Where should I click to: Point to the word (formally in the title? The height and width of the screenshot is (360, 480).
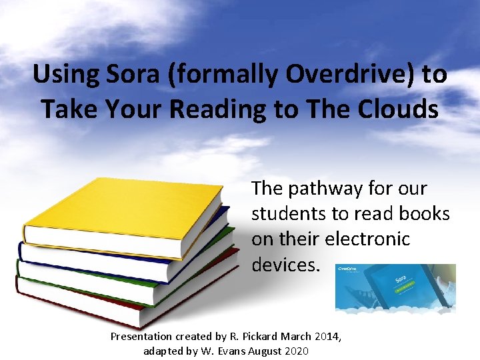click(x=225, y=75)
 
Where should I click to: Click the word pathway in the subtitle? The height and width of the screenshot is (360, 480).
click(x=326, y=189)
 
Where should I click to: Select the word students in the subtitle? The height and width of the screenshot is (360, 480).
click(x=288, y=214)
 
